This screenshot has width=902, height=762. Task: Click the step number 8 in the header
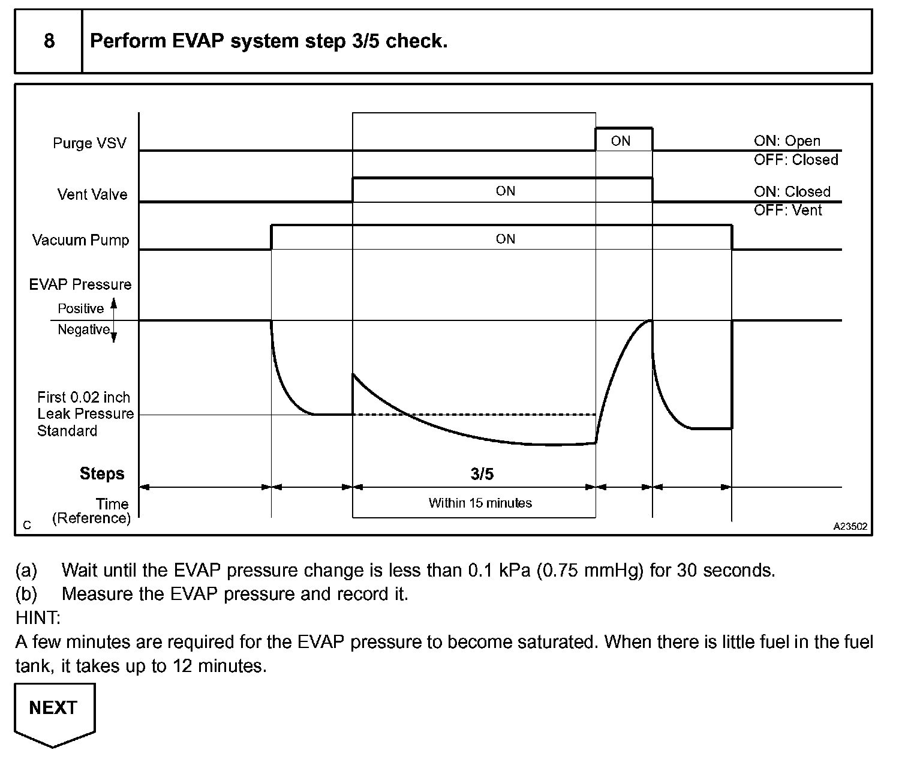49,41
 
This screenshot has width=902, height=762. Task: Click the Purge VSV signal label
89,143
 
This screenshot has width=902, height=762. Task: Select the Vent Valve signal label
92,194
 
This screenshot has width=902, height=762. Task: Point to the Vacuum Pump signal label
80,240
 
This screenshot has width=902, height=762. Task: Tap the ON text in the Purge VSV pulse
621,141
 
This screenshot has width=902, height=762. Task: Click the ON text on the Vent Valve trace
505,191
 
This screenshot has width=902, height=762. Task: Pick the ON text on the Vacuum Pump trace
505,239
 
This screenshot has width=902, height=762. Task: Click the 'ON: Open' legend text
787,141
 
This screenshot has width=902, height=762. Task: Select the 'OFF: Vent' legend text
788,211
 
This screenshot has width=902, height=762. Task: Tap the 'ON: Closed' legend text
792,192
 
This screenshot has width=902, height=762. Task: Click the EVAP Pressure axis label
80,284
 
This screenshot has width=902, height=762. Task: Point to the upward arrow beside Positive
114,305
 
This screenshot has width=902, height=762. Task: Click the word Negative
83,329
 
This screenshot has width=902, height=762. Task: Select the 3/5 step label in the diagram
482,474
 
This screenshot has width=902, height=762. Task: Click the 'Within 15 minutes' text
480,503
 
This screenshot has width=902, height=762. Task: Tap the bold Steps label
102,473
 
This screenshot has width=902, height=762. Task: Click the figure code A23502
850,526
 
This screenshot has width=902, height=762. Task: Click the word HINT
38,617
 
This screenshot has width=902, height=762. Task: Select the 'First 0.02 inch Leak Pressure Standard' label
85,414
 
